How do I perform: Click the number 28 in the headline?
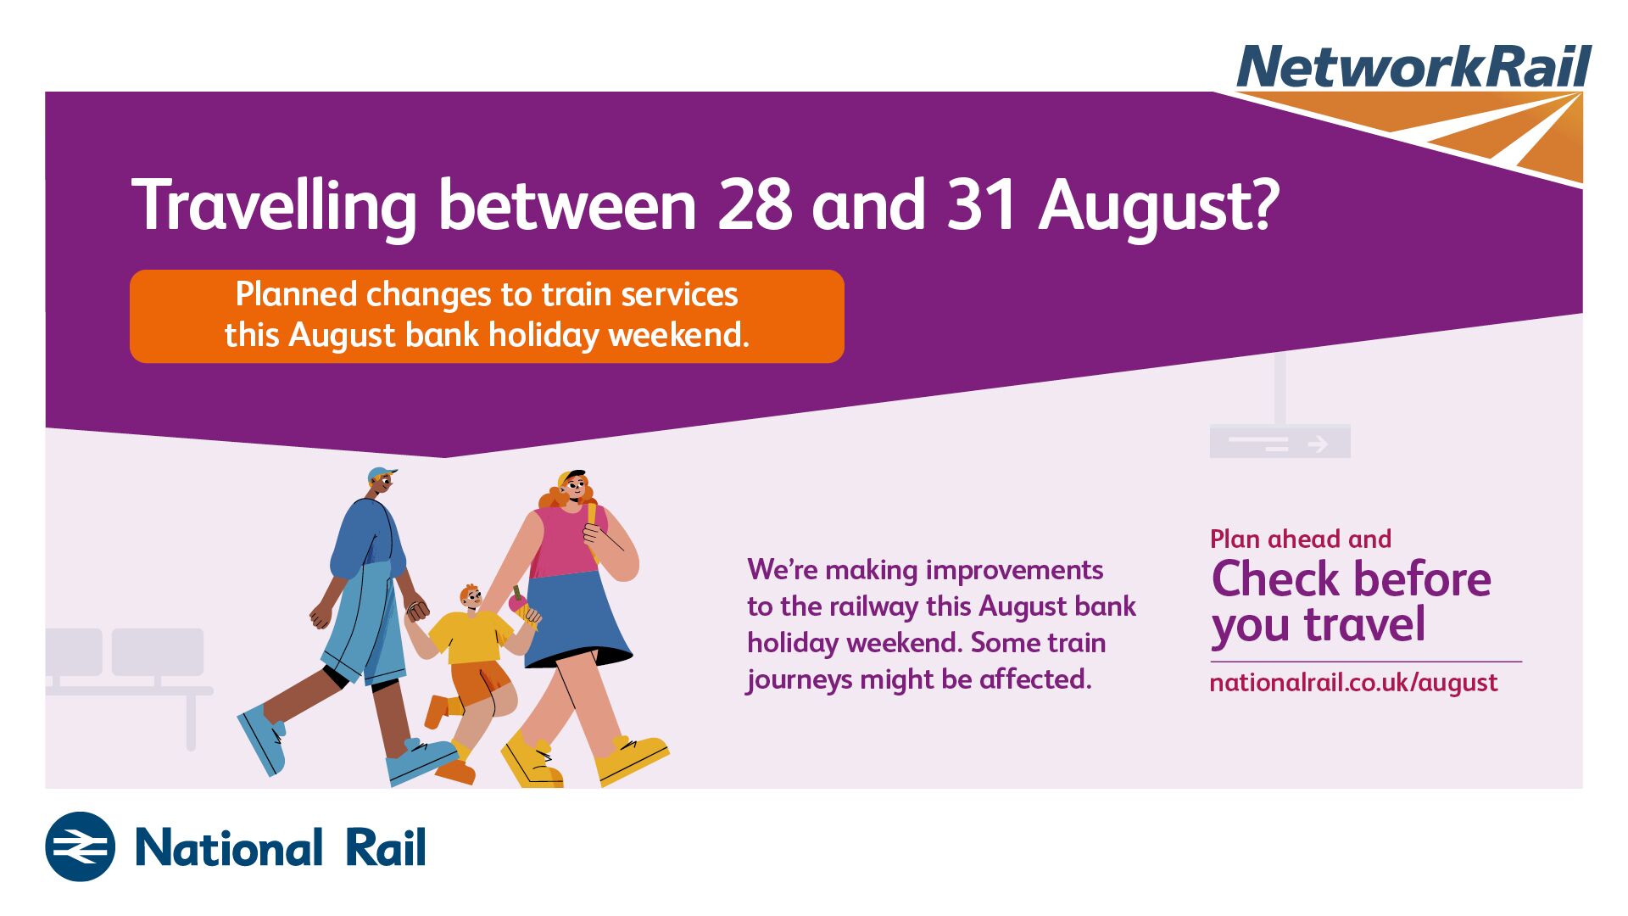[x=754, y=205]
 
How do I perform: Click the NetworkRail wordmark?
[x=1414, y=66]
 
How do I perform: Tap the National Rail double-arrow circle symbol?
[x=80, y=846]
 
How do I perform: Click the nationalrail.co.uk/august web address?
[x=1353, y=684]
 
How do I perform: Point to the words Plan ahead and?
[x=1301, y=539]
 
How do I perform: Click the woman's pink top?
[x=564, y=541]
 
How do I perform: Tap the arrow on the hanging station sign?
[x=1318, y=444]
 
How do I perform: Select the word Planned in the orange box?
[x=296, y=295]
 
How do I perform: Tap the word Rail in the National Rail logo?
[x=386, y=847]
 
